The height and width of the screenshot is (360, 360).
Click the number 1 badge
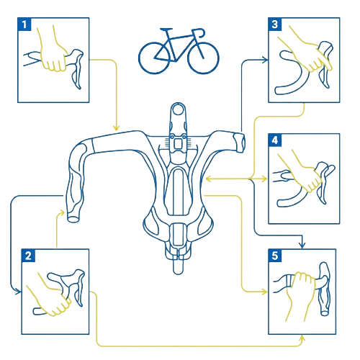[x=24, y=24]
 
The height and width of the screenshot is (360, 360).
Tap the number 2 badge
[x=28, y=256]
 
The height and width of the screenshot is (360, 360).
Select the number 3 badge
[x=275, y=24]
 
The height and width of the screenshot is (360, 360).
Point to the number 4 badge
[x=275, y=140]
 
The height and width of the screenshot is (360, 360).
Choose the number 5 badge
[x=275, y=256]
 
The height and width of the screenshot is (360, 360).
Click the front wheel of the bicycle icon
[x=203, y=58]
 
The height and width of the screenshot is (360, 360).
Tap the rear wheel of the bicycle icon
[x=154, y=58]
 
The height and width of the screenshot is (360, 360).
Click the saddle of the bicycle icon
[x=166, y=30]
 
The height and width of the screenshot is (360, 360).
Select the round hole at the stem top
[x=178, y=109]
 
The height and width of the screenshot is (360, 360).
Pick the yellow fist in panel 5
[x=300, y=293]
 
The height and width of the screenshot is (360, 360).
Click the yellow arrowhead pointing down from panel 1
[x=116, y=127]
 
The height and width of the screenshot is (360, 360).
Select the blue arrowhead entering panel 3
[x=265, y=60]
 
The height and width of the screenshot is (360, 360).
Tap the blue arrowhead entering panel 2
[x=18, y=292]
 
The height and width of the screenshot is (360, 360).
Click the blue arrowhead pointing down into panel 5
[x=302, y=246]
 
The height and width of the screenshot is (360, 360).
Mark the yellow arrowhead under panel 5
[x=302, y=338]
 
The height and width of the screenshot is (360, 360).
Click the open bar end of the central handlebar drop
[x=73, y=219]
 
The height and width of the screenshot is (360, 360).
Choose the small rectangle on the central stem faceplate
[x=178, y=144]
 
